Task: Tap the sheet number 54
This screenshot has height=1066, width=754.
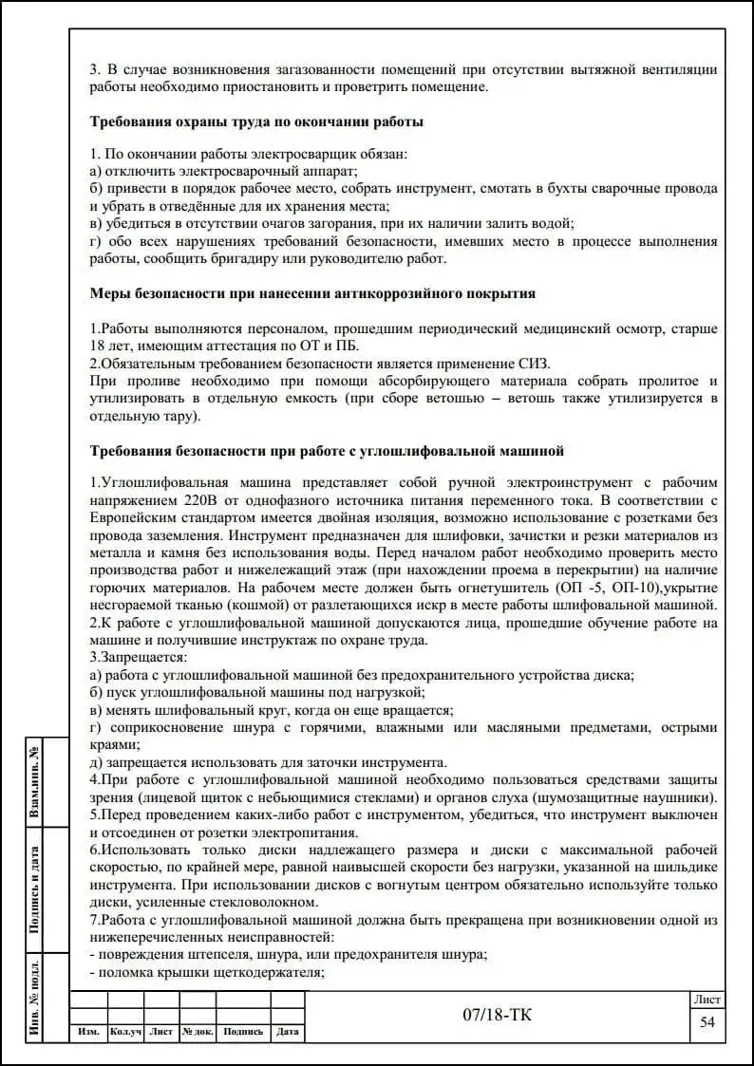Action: point(707,1021)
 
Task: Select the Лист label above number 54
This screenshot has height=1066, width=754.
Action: point(707,1000)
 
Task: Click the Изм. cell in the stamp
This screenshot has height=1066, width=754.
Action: point(89,1032)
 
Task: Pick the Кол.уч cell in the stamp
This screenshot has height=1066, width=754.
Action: point(125,1032)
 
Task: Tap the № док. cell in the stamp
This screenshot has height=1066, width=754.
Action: point(198,1032)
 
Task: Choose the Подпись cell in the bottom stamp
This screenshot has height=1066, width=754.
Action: point(243,1032)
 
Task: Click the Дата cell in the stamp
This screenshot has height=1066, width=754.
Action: point(288,1032)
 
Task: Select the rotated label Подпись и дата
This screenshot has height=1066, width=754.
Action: point(35,889)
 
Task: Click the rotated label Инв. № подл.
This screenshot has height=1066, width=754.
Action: point(35,997)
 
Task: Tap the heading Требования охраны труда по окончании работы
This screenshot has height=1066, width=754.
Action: point(256,122)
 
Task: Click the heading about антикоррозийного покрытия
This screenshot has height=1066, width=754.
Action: point(312,293)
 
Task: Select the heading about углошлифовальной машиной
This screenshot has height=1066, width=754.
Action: point(327,449)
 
